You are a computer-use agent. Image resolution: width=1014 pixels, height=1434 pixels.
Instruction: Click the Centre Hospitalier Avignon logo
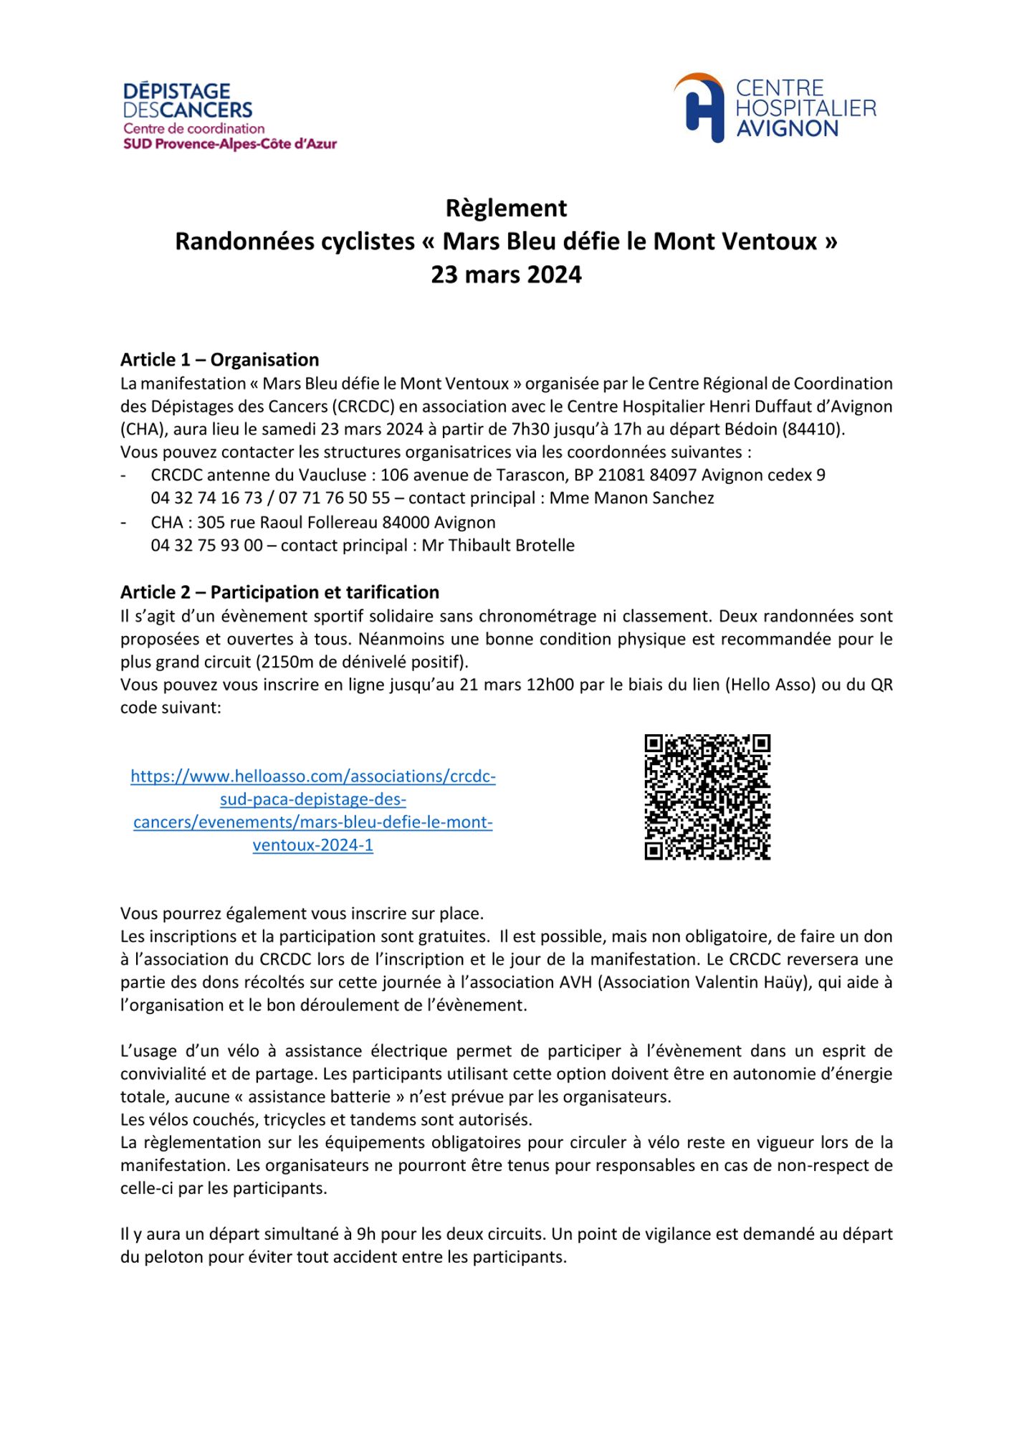point(775,108)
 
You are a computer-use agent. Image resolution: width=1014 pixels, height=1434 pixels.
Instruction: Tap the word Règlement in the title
point(506,208)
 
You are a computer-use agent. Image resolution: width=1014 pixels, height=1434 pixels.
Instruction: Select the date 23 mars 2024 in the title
point(506,275)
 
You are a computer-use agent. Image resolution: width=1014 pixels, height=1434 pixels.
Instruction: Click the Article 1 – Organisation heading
point(219,360)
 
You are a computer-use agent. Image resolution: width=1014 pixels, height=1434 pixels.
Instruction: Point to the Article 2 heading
point(279,592)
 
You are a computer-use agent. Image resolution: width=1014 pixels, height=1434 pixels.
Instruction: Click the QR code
point(707,797)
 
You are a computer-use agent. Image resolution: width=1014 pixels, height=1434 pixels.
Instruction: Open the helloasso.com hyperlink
point(313,810)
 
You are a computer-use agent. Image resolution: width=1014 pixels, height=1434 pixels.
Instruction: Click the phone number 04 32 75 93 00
point(206,545)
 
